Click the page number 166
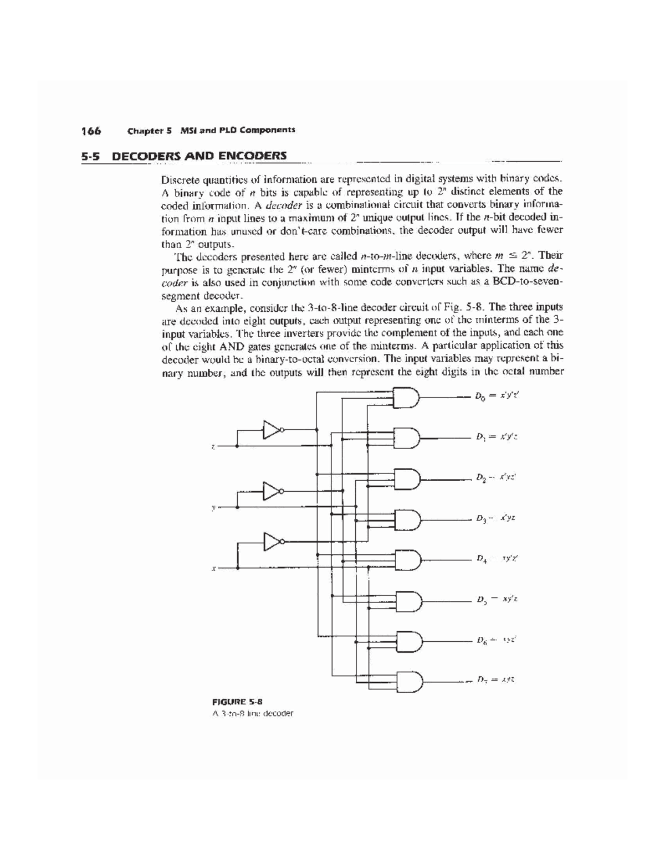point(91,131)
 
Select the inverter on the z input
point(272,429)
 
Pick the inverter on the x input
point(272,541)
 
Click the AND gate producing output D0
point(407,396)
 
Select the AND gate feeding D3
point(407,519)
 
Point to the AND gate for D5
point(407,599)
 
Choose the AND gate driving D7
point(407,680)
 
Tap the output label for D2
point(496,477)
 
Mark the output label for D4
point(496,559)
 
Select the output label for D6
point(496,640)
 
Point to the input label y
point(213,507)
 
